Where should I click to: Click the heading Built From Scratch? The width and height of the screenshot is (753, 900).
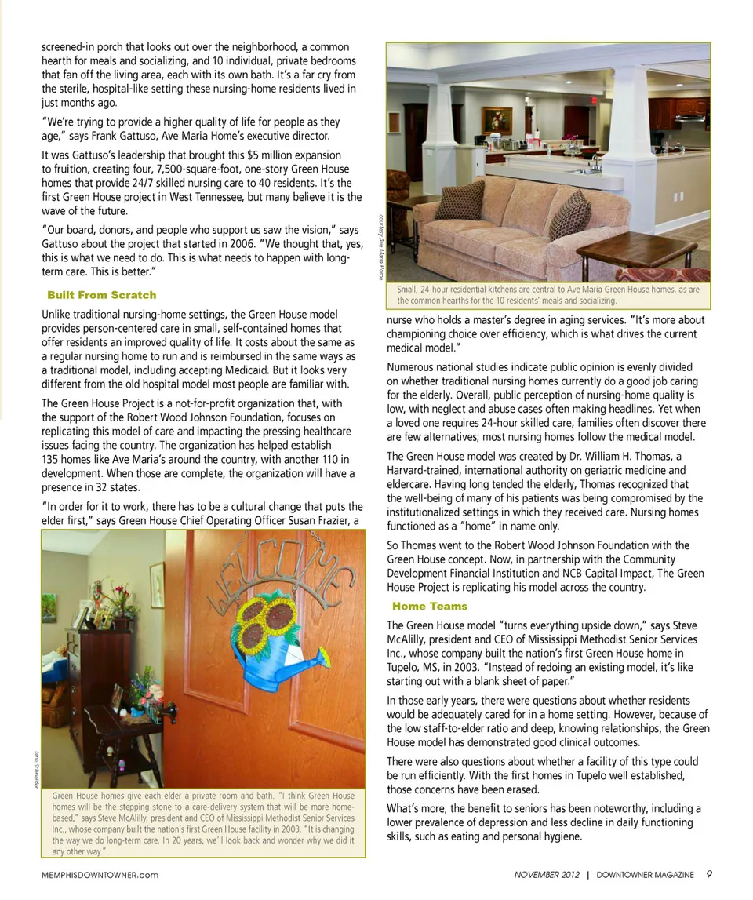[102, 295]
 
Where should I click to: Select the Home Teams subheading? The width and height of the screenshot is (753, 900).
[430, 606]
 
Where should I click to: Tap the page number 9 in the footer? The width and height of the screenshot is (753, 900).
[709, 874]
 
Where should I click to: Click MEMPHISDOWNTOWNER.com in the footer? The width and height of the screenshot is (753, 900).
[100, 875]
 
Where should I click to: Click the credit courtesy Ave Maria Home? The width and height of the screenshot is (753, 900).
[380, 247]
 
